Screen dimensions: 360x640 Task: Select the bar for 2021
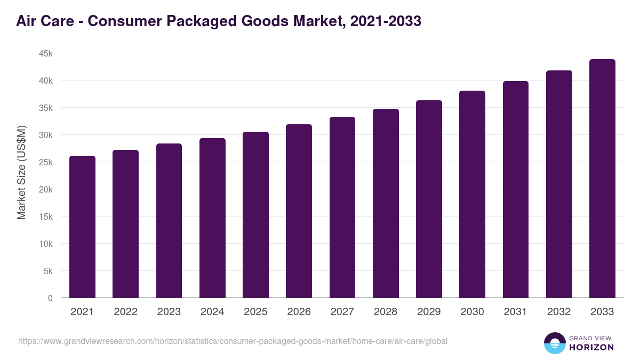click(82, 227)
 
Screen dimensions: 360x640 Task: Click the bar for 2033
click(602, 179)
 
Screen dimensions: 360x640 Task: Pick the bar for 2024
click(212, 218)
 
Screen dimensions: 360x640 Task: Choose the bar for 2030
click(472, 194)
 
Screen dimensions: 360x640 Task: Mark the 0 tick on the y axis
click(50, 298)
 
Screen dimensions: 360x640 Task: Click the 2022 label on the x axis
click(125, 312)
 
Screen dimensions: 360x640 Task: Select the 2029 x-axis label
click(429, 312)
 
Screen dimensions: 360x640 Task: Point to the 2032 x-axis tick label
click(559, 312)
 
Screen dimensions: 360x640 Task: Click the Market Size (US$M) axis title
click(21, 172)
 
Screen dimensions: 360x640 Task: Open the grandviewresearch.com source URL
click(233, 341)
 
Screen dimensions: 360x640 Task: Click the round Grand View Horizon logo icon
click(555, 343)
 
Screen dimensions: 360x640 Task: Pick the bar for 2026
click(299, 211)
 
